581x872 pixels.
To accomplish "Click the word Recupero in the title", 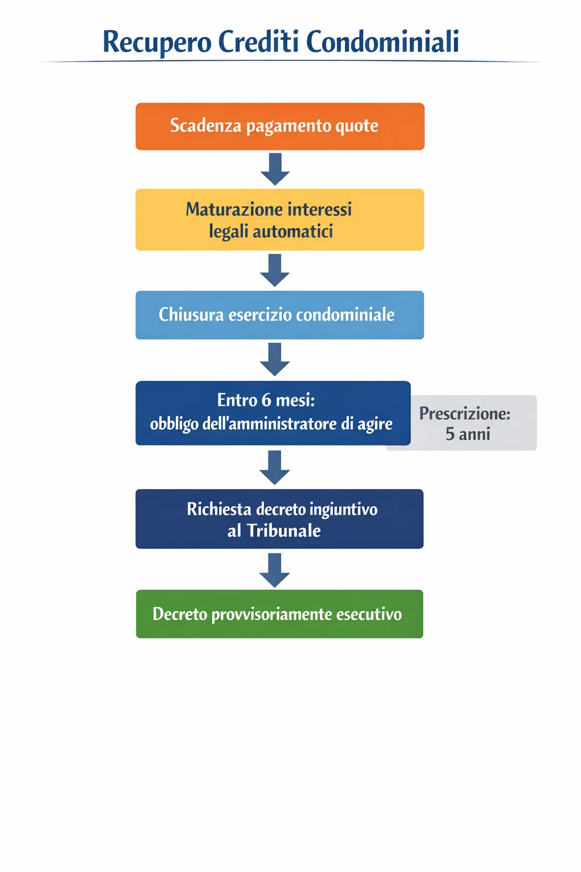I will (157, 43).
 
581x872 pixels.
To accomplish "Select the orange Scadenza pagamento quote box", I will (280, 127).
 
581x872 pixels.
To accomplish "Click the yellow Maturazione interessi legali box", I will (280, 220).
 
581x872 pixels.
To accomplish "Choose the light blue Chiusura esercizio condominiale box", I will (280, 315).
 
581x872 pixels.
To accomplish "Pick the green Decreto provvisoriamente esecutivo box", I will (280, 614).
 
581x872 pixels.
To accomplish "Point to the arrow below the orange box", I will (275, 169).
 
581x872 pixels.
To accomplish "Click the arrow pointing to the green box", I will (275, 571).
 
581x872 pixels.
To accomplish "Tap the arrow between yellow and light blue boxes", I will (275, 270).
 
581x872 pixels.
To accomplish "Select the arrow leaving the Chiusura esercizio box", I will (275, 359).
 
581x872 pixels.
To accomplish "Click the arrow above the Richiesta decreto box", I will (275, 467).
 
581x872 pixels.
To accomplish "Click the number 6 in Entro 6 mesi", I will (266, 400).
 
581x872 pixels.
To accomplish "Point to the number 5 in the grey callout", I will (450, 434).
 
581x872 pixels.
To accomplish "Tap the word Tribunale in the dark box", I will (284, 531).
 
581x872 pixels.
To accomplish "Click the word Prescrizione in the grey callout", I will (464, 414).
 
